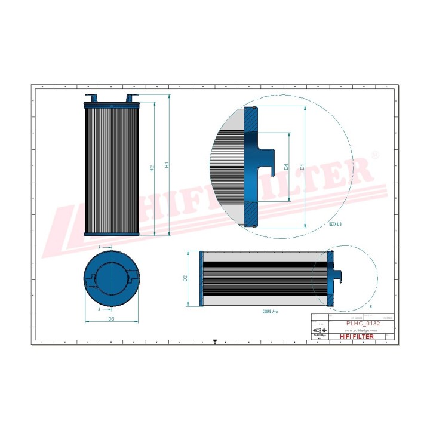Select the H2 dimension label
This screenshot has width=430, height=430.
(152, 169)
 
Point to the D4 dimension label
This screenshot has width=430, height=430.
(287, 167)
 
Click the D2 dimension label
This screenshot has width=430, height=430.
(185, 278)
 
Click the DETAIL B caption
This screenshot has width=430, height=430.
(335, 224)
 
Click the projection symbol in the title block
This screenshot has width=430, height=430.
(320, 330)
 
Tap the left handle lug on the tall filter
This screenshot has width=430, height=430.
(91, 97)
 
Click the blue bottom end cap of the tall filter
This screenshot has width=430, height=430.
(112, 234)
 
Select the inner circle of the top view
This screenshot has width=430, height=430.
(112, 278)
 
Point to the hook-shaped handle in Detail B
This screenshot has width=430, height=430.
(269, 161)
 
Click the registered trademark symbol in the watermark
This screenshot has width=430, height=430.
(375, 154)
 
